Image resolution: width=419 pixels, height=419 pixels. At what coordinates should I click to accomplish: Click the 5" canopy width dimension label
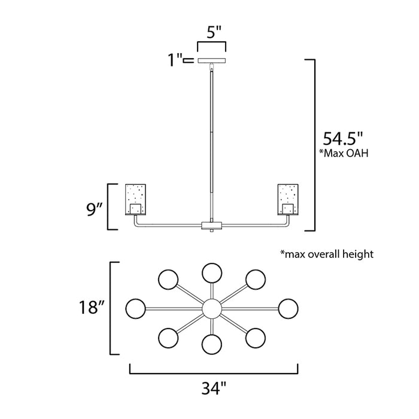211,34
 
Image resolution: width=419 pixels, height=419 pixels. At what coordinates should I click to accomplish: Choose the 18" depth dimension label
91,309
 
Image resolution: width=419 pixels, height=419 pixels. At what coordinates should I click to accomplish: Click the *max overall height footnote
327,254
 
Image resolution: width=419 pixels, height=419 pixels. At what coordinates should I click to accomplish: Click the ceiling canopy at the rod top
211,60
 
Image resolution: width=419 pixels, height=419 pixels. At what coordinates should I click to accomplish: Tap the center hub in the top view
211,309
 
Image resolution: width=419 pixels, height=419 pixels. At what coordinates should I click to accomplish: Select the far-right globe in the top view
288,309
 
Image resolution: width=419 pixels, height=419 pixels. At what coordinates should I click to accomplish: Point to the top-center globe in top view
211,272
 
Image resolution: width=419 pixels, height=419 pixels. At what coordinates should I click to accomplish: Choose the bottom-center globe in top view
211,344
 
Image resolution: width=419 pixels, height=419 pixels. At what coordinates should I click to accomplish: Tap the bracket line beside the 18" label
111,309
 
